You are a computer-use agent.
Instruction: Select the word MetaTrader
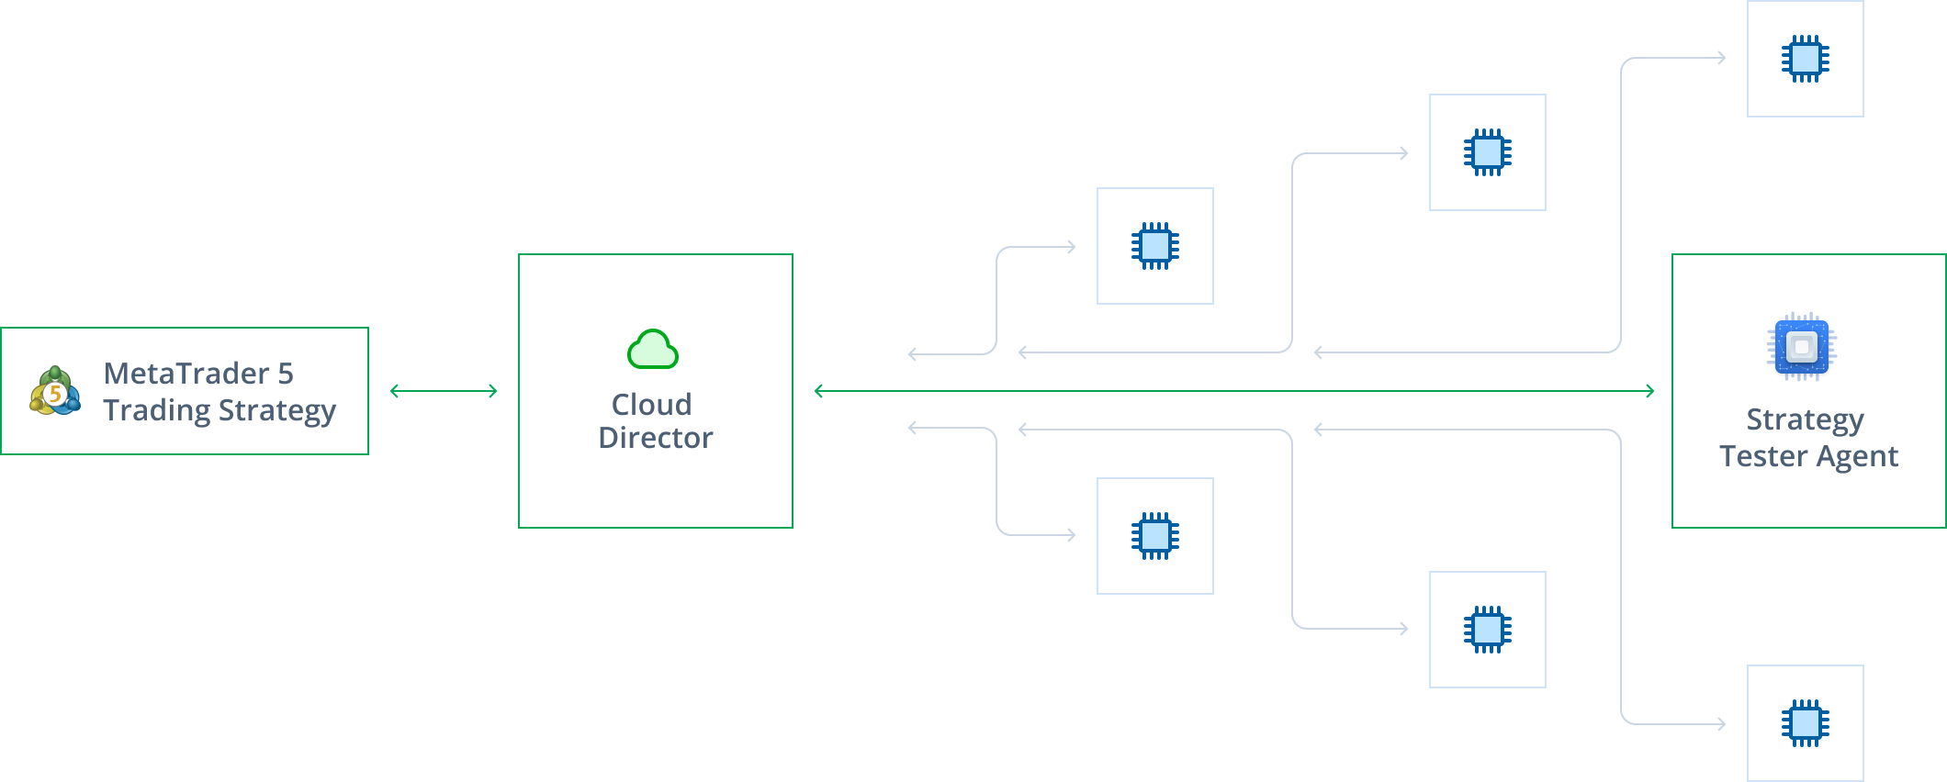186,374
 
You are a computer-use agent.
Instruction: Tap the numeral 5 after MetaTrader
285,374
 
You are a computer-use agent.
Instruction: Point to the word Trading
156,409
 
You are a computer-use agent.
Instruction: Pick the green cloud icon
653,349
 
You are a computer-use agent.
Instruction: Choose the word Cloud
652,405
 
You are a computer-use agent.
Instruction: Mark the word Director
656,438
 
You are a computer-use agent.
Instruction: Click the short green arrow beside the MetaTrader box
444,391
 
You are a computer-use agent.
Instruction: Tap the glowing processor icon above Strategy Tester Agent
1802,348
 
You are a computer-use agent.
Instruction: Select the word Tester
1761,456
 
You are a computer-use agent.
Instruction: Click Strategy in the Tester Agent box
1805,419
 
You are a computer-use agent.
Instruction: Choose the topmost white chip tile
1805,59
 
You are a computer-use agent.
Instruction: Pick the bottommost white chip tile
1805,723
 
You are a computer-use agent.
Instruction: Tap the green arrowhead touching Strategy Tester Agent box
1649,391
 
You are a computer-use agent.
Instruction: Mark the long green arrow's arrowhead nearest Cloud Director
819,391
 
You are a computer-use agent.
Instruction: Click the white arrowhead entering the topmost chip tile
1721,58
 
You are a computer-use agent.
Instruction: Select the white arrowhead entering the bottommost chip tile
1721,724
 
